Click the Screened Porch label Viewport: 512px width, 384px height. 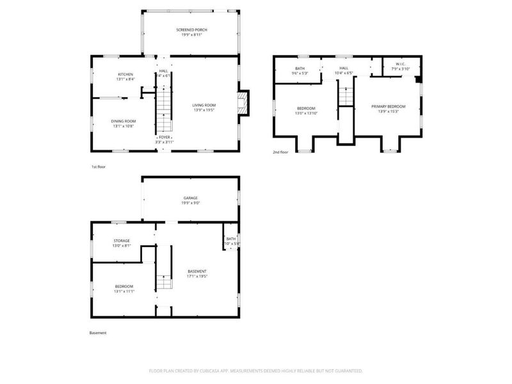pyautogui.click(x=191, y=30)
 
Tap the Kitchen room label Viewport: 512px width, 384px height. pyautogui.click(x=125, y=75)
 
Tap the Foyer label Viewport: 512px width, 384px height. pyautogui.click(x=164, y=137)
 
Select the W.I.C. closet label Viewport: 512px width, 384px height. pyautogui.click(x=399, y=63)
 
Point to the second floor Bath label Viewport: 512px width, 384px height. pyautogui.click(x=300, y=68)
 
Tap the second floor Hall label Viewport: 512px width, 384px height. pyautogui.click(x=344, y=68)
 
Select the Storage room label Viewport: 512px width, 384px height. pyautogui.click(x=122, y=241)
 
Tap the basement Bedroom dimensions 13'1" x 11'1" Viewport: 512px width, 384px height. pyautogui.click(x=124, y=291)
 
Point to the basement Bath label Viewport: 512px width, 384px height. pyautogui.click(x=230, y=238)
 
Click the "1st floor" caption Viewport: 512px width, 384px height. pyautogui.click(x=98, y=166)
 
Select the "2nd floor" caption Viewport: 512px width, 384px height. pyautogui.click(x=280, y=152)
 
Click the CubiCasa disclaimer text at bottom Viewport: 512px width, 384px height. pyautogui.click(x=255, y=371)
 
